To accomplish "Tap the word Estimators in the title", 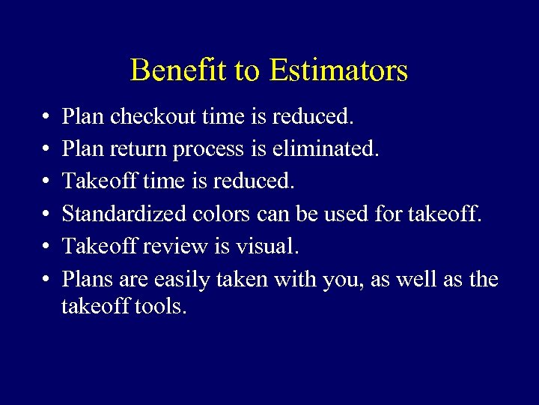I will [x=338, y=70].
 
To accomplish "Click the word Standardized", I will [x=124, y=214].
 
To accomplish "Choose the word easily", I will [x=181, y=280].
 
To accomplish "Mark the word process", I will [x=208, y=150].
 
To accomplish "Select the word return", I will [x=139, y=149].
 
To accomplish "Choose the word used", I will [x=347, y=214].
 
